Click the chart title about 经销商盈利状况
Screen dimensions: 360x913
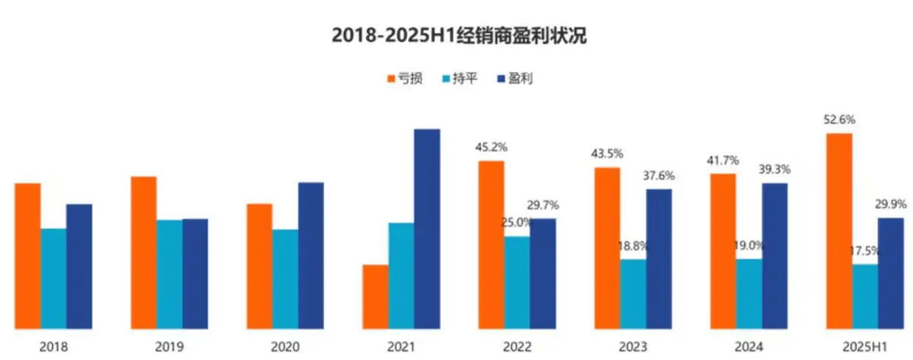tap(459, 36)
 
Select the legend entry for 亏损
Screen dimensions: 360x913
tap(405, 78)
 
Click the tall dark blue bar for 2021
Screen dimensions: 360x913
tap(427, 228)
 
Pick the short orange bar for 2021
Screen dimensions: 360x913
tap(375, 296)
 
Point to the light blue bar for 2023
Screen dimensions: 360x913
tap(632, 294)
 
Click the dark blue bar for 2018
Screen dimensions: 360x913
tap(79, 266)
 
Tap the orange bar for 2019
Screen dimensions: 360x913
tap(144, 252)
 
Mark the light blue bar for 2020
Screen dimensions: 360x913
tap(285, 279)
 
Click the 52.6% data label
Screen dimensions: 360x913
tap(839, 119)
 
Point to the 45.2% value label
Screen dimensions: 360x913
tap(491, 147)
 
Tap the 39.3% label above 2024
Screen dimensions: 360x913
tap(775, 169)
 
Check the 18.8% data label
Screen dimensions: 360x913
tap(633, 246)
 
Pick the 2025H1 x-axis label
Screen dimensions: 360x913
tap(864, 347)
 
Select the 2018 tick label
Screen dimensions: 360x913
tap(52, 347)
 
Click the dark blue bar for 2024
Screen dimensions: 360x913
tap(775, 256)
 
